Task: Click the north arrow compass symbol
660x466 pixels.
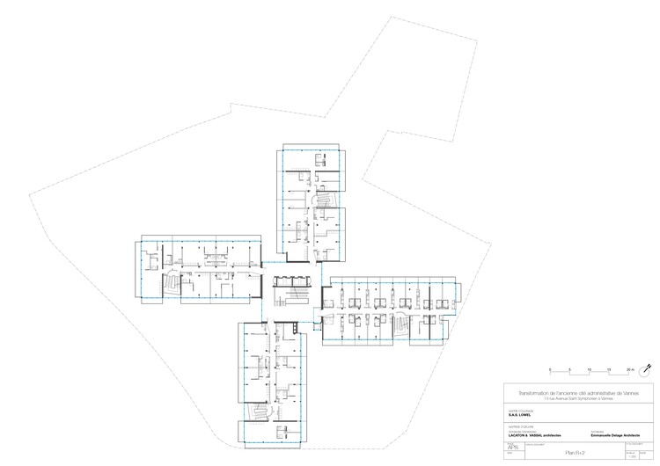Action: pyautogui.click(x=647, y=367)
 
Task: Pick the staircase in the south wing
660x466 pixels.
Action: pyautogui.click(x=260, y=413)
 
